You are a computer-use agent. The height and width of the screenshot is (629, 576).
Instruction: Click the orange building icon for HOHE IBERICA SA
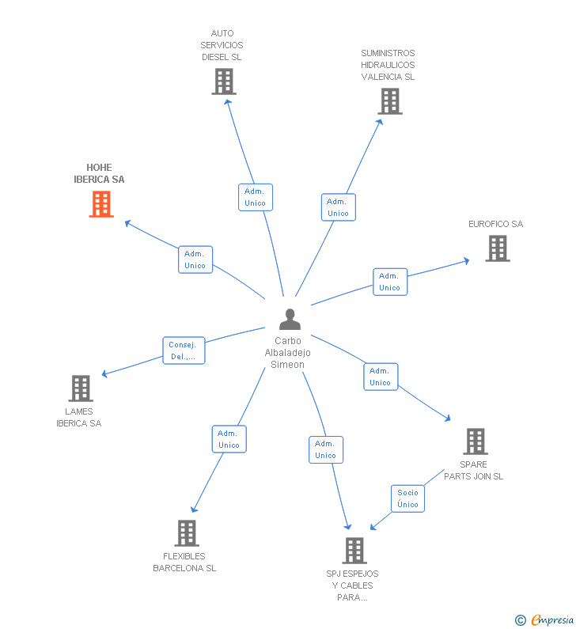click(x=100, y=204)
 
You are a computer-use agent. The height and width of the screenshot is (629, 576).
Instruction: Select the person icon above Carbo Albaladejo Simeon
click(x=290, y=320)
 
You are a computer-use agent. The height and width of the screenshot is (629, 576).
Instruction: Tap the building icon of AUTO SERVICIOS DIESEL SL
click(x=224, y=81)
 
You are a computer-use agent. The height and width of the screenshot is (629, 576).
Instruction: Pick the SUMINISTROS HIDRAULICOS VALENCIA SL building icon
click(x=389, y=101)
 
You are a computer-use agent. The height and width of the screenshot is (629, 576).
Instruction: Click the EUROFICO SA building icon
click(x=497, y=248)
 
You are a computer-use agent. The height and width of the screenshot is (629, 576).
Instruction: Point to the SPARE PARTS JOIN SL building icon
click(x=475, y=441)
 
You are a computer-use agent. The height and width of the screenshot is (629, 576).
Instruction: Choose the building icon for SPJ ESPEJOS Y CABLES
click(x=354, y=551)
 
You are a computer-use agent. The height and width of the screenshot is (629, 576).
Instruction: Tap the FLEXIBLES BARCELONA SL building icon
click(x=186, y=533)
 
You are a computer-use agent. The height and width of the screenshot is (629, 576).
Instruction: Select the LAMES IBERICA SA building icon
click(x=80, y=388)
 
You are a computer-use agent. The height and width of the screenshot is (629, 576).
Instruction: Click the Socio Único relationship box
click(x=407, y=498)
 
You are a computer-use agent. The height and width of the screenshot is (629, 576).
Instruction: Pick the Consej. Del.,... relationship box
click(x=184, y=350)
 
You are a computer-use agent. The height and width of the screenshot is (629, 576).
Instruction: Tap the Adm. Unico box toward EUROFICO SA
click(x=389, y=282)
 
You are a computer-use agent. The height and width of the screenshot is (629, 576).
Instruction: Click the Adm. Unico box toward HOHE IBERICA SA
click(x=195, y=260)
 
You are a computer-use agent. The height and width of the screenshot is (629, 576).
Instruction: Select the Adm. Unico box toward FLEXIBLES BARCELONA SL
click(x=229, y=439)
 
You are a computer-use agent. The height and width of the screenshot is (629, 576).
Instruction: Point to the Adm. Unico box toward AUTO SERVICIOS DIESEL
click(x=255, y=197)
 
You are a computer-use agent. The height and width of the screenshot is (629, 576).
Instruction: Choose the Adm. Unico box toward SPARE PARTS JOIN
click(x=380, y=377)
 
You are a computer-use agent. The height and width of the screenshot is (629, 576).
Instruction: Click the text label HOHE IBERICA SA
click(x=99, y=173)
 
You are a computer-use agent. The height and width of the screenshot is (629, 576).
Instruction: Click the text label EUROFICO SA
click(x=495, y=224)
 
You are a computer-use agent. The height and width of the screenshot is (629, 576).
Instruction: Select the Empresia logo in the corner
click(x=545, y=620)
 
